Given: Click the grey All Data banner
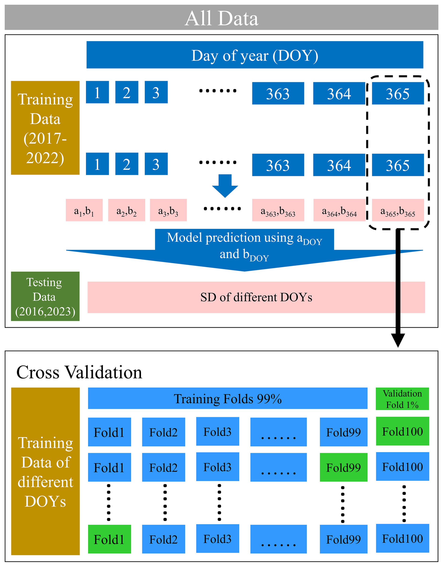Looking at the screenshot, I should [221, 17].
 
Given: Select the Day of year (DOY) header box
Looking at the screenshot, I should [255, 55].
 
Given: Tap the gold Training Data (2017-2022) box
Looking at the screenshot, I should [45, 128].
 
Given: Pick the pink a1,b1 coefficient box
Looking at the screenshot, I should [84, 210].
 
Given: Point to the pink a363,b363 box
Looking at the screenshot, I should [278, 210].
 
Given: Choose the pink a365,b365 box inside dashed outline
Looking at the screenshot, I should [398, 210].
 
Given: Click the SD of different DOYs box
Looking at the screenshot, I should [256, 297].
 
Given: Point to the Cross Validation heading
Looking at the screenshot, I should [79, 372].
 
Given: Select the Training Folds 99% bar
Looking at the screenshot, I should [228, 398].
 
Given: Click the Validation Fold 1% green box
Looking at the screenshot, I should [402, 399].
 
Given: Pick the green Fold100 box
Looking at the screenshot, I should [402, 431].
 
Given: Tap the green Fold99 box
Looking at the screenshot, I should [343, 467].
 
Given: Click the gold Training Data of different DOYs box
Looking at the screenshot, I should [45, 471].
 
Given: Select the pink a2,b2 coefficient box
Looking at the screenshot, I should [126, 210].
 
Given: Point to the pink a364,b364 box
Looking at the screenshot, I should [339, 210].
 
